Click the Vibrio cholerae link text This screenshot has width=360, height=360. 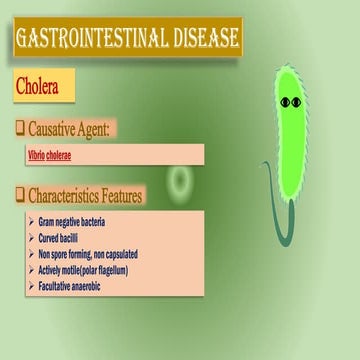pos(49,155)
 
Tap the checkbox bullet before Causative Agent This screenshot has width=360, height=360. pos(20,128)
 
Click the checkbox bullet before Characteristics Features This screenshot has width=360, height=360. pos(20,195)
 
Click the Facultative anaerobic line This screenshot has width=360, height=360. pos(76,287)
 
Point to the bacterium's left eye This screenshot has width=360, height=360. pos(285,102)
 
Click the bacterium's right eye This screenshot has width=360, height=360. pos(298,102)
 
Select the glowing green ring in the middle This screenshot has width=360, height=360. pos(180,181)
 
